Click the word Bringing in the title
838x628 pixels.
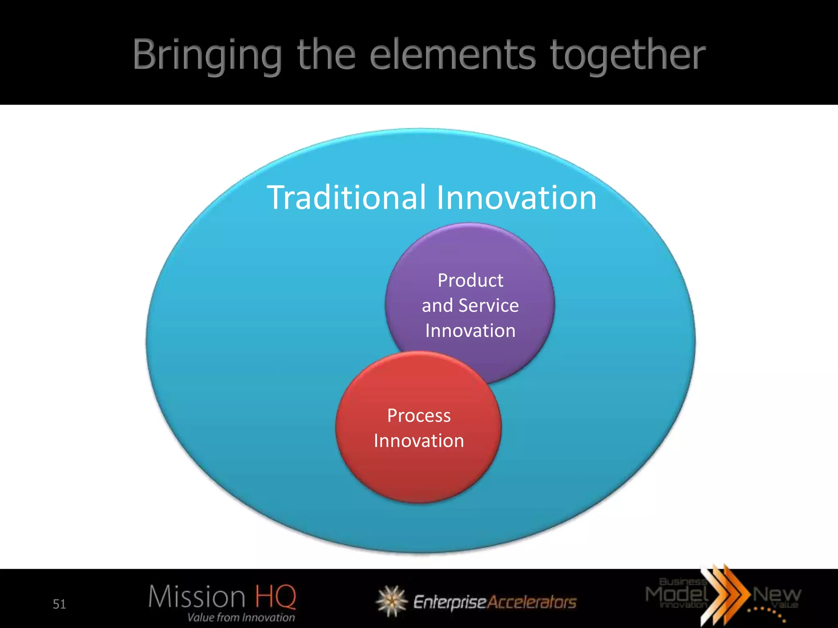[x=207, y=55]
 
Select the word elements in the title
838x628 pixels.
[x=453, y=55]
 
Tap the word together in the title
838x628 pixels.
[x=628, y=55]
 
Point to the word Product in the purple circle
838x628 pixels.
[x=470, y=280]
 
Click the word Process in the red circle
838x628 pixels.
[x=419, y=416]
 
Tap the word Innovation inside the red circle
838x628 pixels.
[x=419, y=441]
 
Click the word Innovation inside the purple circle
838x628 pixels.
[x=470, y=330]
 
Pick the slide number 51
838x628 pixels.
[x=59, y=604]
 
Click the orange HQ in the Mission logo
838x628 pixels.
[x=275, y=597]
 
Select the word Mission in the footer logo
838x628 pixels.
[x=196, y=597]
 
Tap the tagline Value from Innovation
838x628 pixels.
[x=241, y=617]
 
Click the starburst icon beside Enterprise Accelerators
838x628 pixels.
[x=392, y=601]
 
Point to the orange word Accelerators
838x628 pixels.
[x=532, y=602]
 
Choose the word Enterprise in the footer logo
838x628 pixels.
[x=450, y=602]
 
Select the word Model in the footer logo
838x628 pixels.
[x=677, y=594]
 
